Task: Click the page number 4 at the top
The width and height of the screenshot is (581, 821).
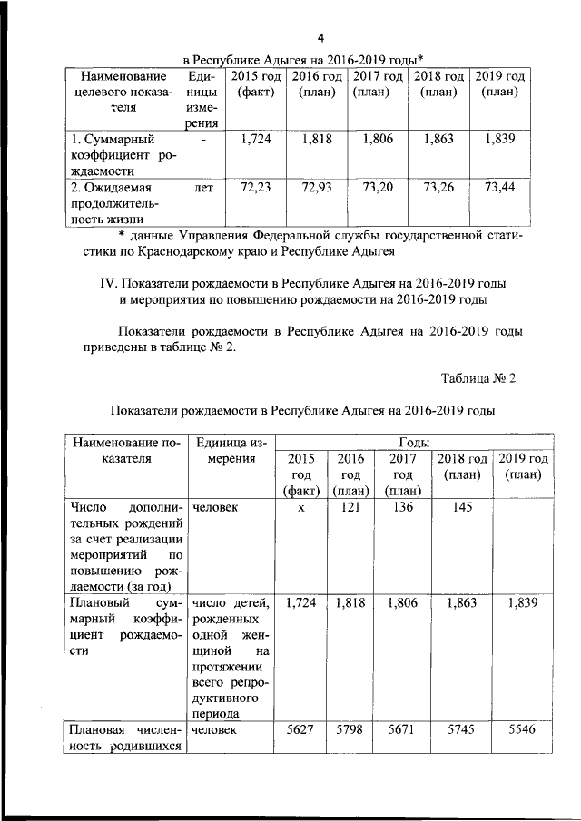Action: pyautogui.click(x=320, y=37)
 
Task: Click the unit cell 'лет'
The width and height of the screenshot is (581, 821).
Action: pyautogui.click(x=202, y=188)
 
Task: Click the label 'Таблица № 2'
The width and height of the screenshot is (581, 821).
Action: pyautogui.click(x=479, y=378)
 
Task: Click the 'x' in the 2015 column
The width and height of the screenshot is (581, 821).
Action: pyautogui.click(x=299, y=509)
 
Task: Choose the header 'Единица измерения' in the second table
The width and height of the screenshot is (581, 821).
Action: pyautogui.click(x=230, y=450)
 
